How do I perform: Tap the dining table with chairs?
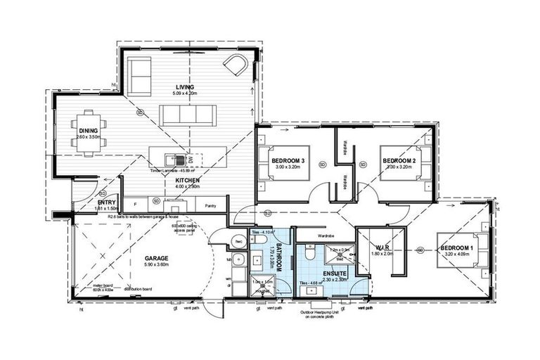coord(88,130)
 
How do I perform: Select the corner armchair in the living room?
coord(235,66)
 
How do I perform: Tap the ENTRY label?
coord(107,202)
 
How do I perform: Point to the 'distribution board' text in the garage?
coord(142,289)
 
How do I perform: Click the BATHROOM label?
coord(278,258)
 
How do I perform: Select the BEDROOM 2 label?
coord(400,161)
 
